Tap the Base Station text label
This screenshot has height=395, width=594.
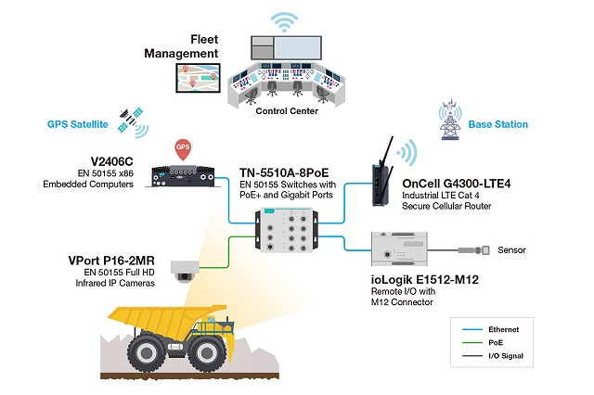tap(497, 124)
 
